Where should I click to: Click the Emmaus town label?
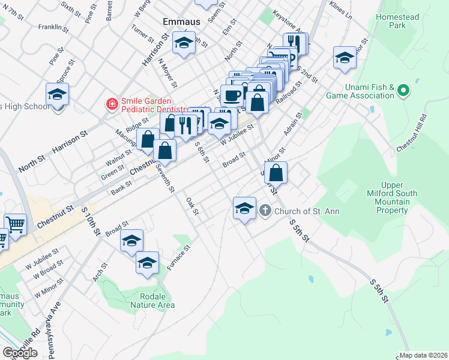(x=181, y=22)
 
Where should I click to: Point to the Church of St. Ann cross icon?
(x=266, y=211)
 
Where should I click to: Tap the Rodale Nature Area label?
(x=153, y=301)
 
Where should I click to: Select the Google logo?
(x=20, y=353)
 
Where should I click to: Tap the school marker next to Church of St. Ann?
(x=244, y=208)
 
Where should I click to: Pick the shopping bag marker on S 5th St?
(x=276, y=173)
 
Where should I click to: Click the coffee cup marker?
(x=232, y=95)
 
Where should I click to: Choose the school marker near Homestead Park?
(x=345, y=58)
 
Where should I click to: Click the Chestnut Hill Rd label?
(x=411, y=133)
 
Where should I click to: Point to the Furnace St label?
(x=179, y=257)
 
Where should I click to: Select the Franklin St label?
(x=50, y=27)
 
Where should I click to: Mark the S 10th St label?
(x=91, y=220)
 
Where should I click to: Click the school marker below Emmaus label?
(x=184, y=43)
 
